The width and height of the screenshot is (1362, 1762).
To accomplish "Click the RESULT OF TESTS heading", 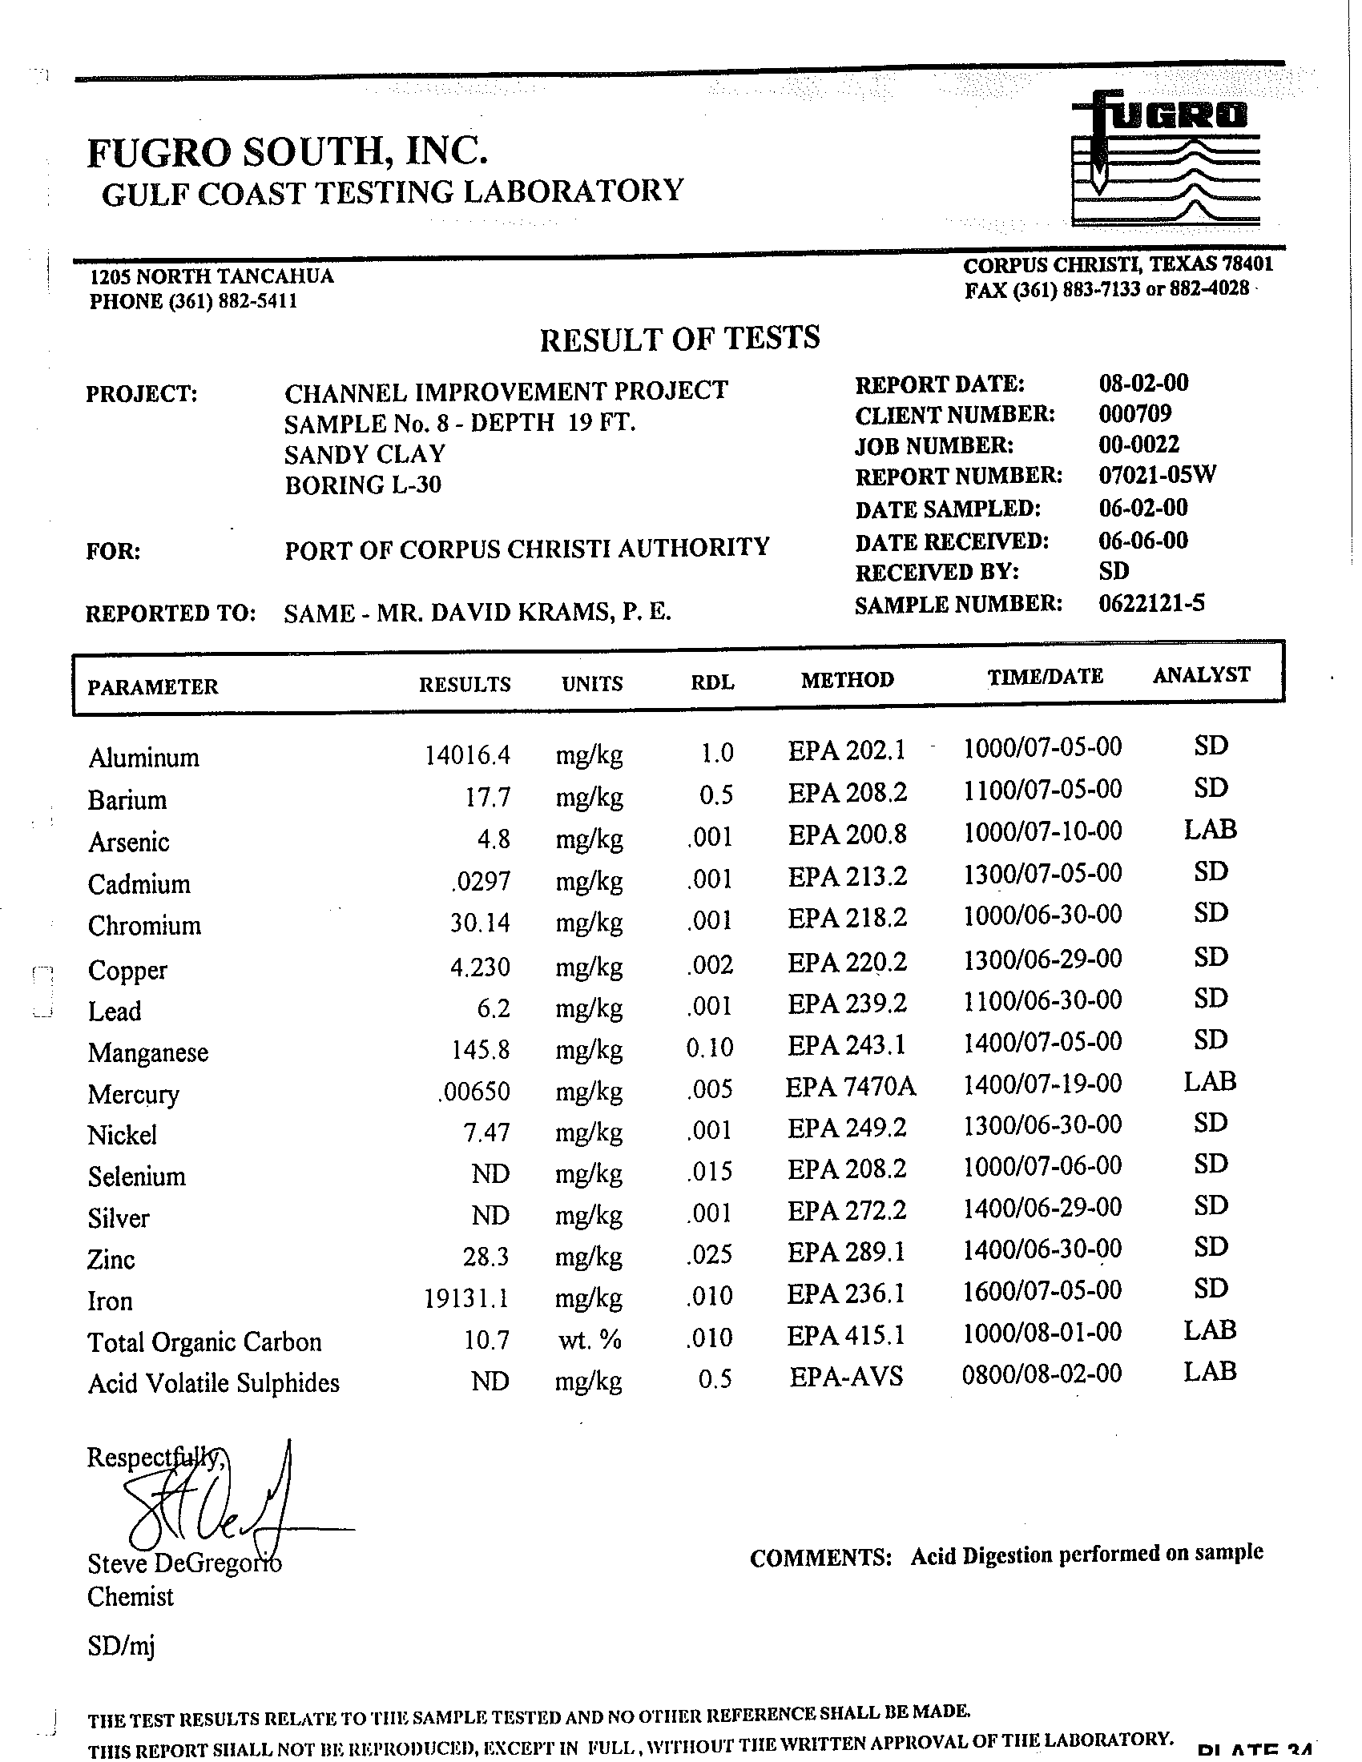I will click(x=679, y=338).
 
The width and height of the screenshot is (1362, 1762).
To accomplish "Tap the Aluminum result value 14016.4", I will click(x=467, y=754).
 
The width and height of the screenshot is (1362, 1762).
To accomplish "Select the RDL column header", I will click(x=712, y=682).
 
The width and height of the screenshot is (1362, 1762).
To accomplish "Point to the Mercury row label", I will click(x=133, y=1094).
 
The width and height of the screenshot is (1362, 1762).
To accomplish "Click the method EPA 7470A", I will click(x=850, y=1087).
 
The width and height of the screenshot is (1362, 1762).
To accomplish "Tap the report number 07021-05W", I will click(x=1157, y=475).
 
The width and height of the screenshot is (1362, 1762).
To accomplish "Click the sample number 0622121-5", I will click(x=1151, y=603).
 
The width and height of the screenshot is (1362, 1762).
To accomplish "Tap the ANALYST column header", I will click(x=1201, y=674).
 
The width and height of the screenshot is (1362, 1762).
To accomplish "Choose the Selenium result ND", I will click(x=490, y=1173).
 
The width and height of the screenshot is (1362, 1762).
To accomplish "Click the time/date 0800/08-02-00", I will click(x=1041, y=1373).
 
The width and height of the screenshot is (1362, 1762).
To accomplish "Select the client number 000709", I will click(x=1134, y=414).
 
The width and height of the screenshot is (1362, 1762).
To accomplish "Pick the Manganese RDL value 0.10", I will click(x=709, y=1048).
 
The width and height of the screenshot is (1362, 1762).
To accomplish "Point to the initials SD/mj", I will click(x=121, y=1645).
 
